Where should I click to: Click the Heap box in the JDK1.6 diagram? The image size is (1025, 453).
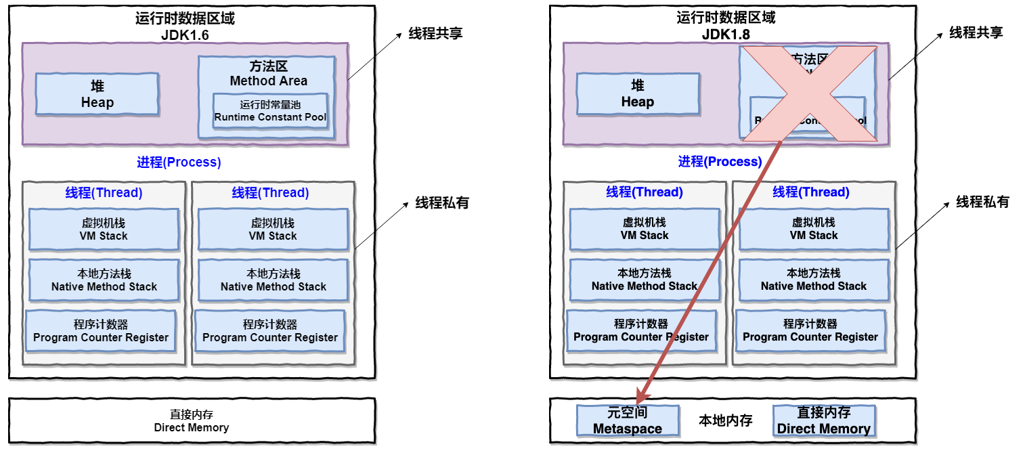click(x=97, y=94)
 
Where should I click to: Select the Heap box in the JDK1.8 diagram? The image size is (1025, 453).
click(x=637, y=93)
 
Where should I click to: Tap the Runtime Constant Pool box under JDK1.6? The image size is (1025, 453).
click(x=270, y=111)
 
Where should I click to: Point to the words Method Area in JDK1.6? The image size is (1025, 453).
click(x=268, y=81)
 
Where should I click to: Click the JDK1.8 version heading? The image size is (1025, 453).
click(x=726, y=35)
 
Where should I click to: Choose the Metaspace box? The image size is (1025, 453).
click(x=627, y=420)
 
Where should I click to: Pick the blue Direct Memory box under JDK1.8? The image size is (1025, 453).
click(x=823, y=420)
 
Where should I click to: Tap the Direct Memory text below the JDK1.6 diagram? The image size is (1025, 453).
click(x=192, y=427)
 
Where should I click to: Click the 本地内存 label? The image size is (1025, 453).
click(x=726, y=421)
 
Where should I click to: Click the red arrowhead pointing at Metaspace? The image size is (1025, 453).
click(x=641, y=395)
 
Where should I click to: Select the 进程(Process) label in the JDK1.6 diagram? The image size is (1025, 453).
click(x=179, y=163)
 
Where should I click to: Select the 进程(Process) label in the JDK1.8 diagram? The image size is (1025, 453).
click(x=720, y=162)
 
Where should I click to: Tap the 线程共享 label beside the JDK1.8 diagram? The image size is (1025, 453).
click(x=976, y=33)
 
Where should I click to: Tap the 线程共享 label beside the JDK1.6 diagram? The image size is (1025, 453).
click(x=435, y=33)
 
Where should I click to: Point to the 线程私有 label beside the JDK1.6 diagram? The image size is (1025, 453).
click(x=441, y=202)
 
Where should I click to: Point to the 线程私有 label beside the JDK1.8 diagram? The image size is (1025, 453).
click(x=982, y=202)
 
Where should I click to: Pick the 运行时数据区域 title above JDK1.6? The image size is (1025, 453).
click(x=185, y=18)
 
